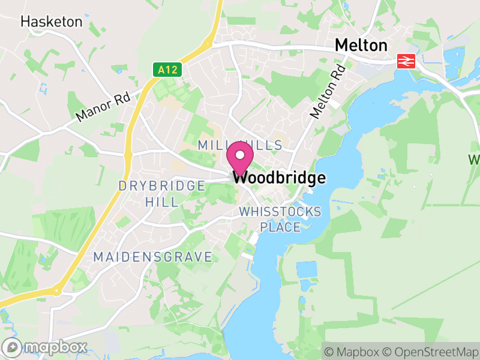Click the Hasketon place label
[51, 22]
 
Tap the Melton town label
[361, 46]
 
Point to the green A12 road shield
[167, 70]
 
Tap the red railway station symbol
[406, 61]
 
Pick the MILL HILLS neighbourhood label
[240, 146]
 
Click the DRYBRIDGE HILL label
[162, 194]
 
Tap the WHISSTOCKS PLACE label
[280, 220]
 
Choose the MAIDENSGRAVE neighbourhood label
[152, 257]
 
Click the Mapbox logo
[46, 347]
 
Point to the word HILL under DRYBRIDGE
[162, 202]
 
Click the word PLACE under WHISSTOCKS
[280, 227]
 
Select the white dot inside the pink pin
[240, 155]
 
